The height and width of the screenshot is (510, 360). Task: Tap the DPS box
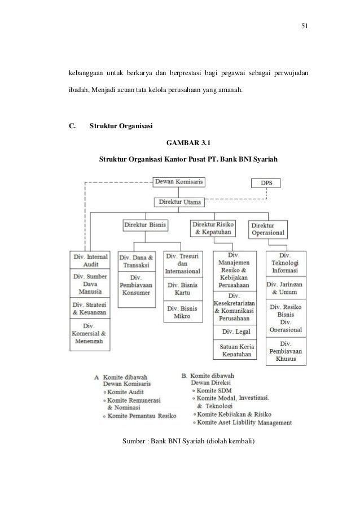(265, 184)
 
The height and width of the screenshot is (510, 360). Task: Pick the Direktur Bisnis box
(145, 225)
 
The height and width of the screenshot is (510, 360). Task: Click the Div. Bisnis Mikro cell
(182, 312)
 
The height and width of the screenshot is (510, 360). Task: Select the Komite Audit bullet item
(122, 391)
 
